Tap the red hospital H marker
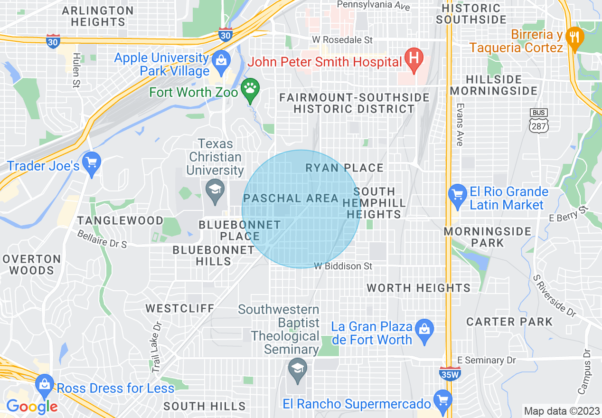click(414, 60)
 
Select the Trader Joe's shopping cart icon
click(92, 163)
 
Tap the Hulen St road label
click(76, 70)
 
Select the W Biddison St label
click(343, 266)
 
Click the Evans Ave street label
click(459, 124)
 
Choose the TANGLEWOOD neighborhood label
click(121, 220)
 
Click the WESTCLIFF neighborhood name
click(180, 308)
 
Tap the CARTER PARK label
click(509, 322)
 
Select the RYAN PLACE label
click(344, 168)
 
